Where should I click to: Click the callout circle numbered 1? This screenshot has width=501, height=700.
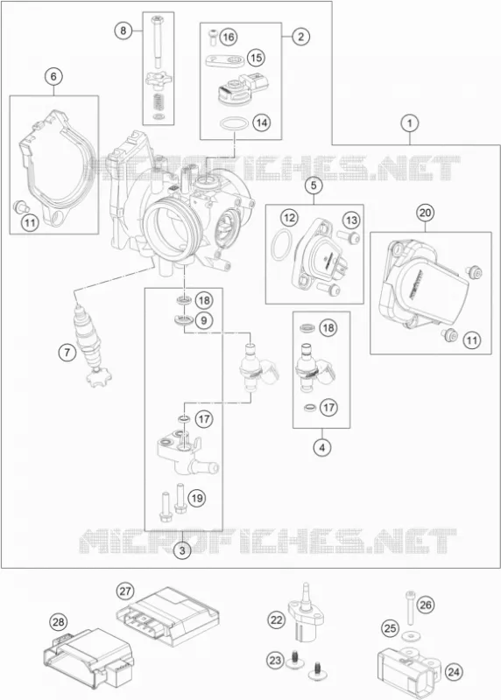(x=409, y=122)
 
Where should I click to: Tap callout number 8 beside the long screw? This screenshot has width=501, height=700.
(x=123, y=31)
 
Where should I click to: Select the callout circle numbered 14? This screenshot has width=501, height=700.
(x=262, y=122)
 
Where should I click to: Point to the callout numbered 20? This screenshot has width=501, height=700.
(x=425, y=213)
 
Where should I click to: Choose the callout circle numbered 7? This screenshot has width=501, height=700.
(x=67, y=353)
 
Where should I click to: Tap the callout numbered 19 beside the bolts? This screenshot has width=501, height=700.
(x=197, y=498)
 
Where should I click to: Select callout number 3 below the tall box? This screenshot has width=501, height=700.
(x=182, y=550)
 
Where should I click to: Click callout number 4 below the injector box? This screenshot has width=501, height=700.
(x=321, y=446)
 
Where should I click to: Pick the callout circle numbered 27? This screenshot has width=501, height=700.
(x=125, y=591)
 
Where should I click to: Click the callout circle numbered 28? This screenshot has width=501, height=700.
(x=59, y=622)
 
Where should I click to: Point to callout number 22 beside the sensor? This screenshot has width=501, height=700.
(x=277, y=619)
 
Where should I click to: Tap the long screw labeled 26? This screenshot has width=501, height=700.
(x=410, y=607)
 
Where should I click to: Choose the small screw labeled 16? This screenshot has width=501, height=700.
(x=213, y=36)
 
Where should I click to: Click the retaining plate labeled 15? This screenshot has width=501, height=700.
(x=225, y=59)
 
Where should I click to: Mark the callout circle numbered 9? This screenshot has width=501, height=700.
(x=204, y=320)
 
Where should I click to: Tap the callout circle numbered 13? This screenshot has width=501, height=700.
(x=351, y=220)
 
